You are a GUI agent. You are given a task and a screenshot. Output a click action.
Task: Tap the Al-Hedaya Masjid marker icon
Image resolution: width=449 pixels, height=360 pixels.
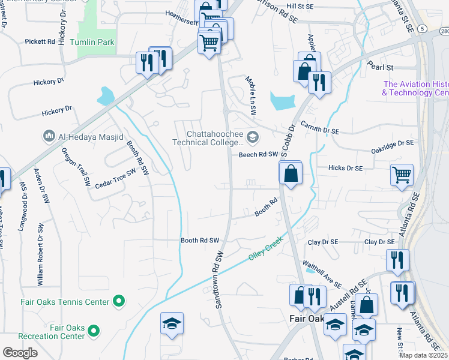(49, 136)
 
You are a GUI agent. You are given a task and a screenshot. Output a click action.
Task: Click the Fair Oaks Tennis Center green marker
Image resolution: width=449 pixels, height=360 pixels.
(119, 301)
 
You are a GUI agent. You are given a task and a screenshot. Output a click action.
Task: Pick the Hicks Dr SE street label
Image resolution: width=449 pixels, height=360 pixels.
(346, 169)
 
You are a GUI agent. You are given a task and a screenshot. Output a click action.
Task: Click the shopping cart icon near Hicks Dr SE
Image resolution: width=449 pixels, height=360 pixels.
(402, 175)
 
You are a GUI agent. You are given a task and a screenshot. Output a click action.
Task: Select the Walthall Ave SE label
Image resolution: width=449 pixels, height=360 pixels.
(322, 274)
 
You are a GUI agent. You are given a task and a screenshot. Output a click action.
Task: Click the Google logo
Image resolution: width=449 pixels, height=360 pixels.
(20, 353)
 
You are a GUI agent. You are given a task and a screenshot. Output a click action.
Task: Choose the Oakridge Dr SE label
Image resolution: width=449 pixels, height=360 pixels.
(393, 143)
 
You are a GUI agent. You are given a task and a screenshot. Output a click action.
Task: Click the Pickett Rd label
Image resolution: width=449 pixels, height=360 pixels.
(40, 42)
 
